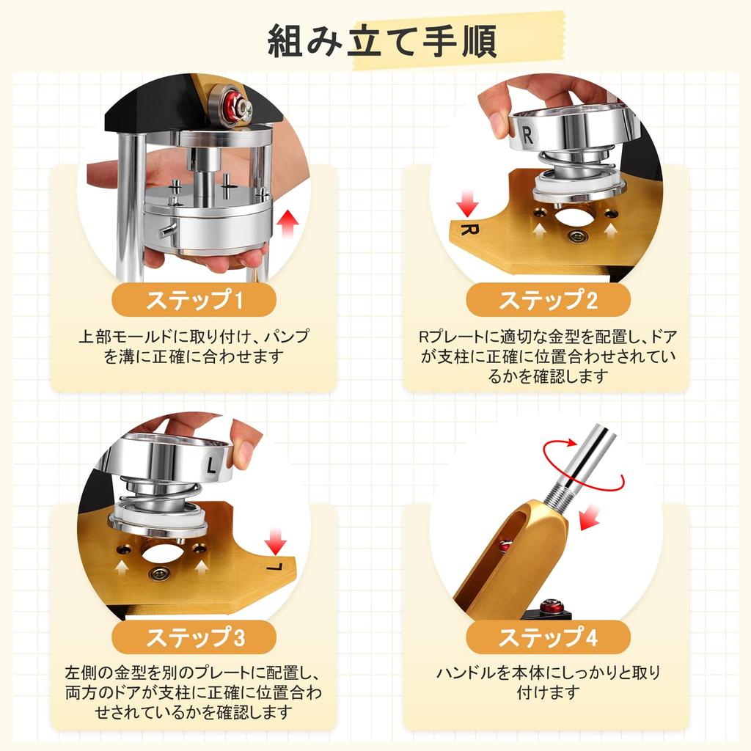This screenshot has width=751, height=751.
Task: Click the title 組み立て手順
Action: tap(381, 42)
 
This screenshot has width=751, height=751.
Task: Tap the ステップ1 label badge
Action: tap(194, 300)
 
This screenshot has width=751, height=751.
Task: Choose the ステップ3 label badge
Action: tap(194, 637)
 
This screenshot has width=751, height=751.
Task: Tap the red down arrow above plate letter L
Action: tap(276, 542)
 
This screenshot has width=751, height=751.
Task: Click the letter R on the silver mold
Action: tap(527, 135)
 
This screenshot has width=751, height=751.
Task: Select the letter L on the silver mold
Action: tap(211, 466)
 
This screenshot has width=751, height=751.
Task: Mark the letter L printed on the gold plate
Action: tap(275, 568)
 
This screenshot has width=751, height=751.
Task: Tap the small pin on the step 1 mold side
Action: tap(166, 231)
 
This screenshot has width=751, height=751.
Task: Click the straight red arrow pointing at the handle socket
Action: tap(590, 517)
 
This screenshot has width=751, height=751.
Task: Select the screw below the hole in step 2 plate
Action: tap(577, 235)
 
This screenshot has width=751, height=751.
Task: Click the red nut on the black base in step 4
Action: tap(552, 606)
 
